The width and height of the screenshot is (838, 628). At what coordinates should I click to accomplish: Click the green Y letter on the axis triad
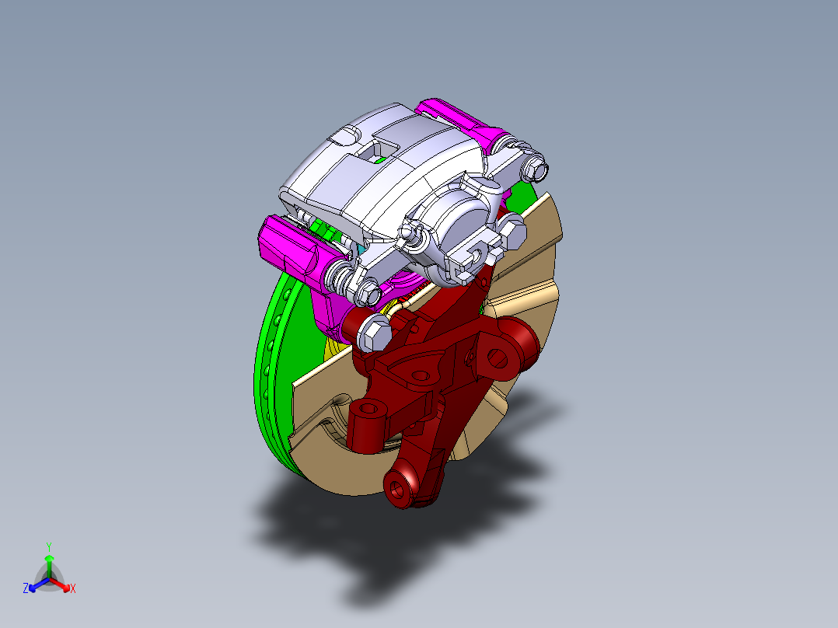coord(48,546)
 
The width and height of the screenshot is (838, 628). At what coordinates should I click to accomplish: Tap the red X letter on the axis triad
coord(73,589)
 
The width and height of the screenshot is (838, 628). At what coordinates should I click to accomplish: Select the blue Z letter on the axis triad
coord(26,589)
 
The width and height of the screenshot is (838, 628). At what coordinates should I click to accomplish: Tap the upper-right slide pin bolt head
coord(536,167)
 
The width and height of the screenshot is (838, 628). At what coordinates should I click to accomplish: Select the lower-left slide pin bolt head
coord(368,292)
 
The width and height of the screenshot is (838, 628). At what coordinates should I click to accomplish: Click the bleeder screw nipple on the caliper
coord(406,232)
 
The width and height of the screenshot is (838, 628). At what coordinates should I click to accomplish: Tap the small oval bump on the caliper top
coord(341,139)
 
